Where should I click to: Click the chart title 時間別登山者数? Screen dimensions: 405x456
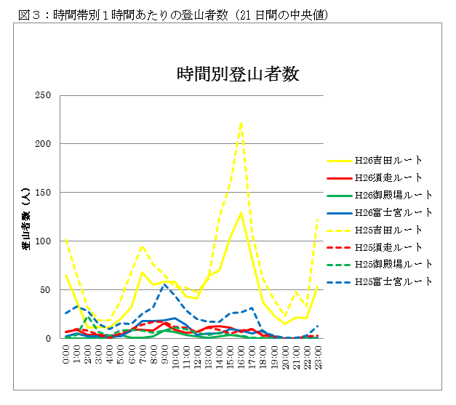click(x=239, y=74)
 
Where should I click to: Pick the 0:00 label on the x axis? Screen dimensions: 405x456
click(x=66, y=355)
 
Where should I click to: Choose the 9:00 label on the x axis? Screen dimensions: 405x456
click(x=165, y=355)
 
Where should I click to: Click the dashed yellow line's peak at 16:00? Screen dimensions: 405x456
click(x=241, y=122)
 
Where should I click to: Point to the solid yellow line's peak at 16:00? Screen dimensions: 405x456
click(x=241, y=212)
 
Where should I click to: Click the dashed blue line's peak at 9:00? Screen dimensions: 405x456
click(x=164, y=284)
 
